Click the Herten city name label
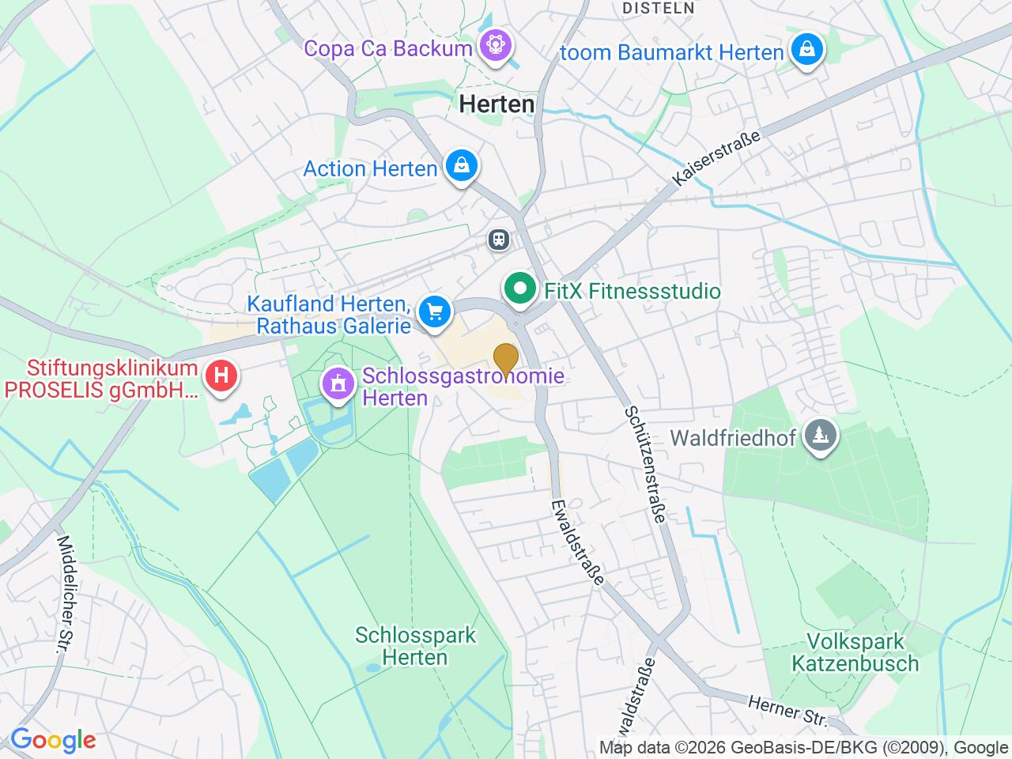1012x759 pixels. click(x=497, y=104)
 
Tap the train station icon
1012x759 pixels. click(x=498, y=239)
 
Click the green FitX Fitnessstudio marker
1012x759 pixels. click(x=519, y=289)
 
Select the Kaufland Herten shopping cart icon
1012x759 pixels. click(x=434, y=311)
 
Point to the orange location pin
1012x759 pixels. click(x=505, y=359)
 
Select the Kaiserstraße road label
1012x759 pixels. click(x=717, y=158)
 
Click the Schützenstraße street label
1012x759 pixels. click(x=644, y=464)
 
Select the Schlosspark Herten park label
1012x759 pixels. click(x=415, y=646)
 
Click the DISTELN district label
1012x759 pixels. click(x=659, y=8)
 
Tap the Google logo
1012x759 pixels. click(x=53, y=741)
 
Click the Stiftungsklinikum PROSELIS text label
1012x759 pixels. click(x=111, y=379)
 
